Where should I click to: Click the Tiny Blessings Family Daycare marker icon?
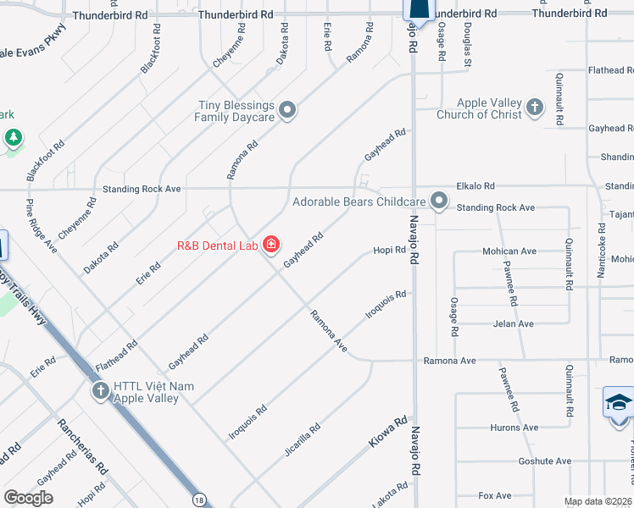coord(288,110)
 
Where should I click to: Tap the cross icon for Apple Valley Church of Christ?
coord(534,108)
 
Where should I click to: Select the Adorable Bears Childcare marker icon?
coord(439,201)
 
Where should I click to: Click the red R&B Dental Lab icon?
coord(271,246)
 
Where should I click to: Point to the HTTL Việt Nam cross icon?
coord(100,390)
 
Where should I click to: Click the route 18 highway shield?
coord(197,500)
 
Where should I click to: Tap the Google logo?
coord(28,498)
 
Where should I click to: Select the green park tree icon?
coord(13,136)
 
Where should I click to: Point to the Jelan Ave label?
coord(513,323)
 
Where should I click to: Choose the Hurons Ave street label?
coord(514,428)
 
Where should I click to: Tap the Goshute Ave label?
coord(520,461)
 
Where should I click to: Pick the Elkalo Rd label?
coord(475,185)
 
